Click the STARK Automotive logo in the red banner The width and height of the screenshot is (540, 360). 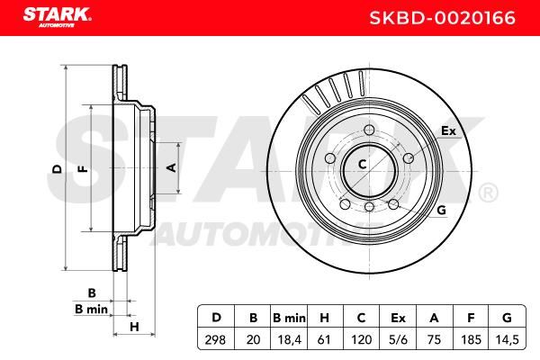pyautogui.click(x=58, y=17)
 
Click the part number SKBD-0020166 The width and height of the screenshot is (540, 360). pyautogui.click(x=443, y=18)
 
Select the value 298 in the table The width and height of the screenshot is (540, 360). pyautogui.click(x=215, y=339)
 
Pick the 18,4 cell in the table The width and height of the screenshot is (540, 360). pyautogui.click(x=289, y=340)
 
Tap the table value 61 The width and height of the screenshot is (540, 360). pyautogui.click(x=324, y=339)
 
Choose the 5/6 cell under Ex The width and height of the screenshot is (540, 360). pyautogui.click(x=398, y=339)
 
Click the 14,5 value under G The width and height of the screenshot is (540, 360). pyautogui.click(x=507, y=340)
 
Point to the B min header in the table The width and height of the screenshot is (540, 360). pyautogui.click(x=289, y=318)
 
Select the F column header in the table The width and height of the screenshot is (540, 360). pyautogui.click(x=471, y=318)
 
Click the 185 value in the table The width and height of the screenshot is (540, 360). pyautogui.click(x=471, y=339)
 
